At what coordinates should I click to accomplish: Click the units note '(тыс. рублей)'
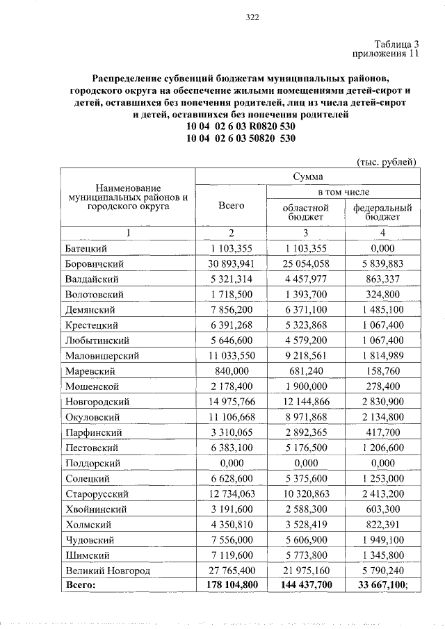[386, 162]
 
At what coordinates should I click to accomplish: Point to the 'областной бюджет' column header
[307, 212]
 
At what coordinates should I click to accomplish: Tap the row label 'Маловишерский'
[102, 356]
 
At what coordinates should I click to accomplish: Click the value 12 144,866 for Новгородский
[307, 402]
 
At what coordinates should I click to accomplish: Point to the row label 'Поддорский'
[92, 463]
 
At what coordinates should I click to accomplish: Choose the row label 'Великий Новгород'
[107, 570]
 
